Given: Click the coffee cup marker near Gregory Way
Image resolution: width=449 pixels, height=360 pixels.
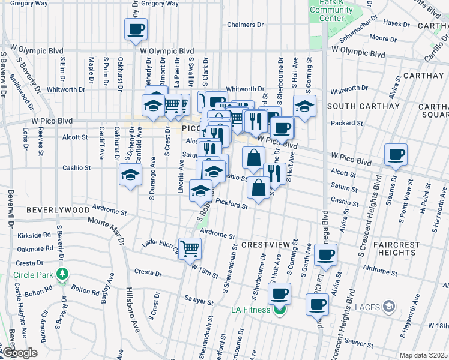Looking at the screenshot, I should click(x=136, y=28).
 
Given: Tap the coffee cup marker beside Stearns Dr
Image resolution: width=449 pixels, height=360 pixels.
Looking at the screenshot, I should click(x=396, y=154).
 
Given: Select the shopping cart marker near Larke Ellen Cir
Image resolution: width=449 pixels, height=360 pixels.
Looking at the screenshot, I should click(x=190, y=247).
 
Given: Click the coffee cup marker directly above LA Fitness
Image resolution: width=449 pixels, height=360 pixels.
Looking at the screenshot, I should click(x=279, y=293).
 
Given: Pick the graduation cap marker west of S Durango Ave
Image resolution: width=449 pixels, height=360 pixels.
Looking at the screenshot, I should click(x=130, y=175).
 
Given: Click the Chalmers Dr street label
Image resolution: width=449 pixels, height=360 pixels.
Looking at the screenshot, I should click(x=246, y=25).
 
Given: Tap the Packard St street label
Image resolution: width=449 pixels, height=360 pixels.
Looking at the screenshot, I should click(x=343, y=122).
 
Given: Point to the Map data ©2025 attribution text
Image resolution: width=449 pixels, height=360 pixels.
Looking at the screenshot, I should click(x=423, y=355).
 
